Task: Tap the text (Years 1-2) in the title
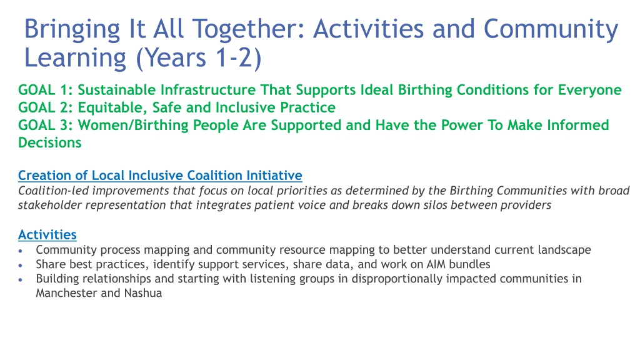pyautogui.click(x=199, y=57)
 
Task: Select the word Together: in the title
pyautogui.click(x=249, y=30)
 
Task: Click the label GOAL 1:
pyautogui.click(x=45, y=90)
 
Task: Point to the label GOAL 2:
pyautogui.click(x=45, y=107)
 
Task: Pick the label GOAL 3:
pyautogui.click(x=45, y=125)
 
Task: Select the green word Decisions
pyautogui.click(x=50, y=142)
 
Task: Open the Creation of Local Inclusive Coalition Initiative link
pyautogui.click(x=160, y=176)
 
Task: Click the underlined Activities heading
pyautogui.click(x=47, y=235)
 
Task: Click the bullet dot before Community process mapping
pyautogui.click(x=21, y=251)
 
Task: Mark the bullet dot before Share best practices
pyautogui.click(x=21, y=265)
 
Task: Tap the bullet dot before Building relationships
pyautogui.click(x=21, y=279)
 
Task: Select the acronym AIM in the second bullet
pyautogui.click(x=436, y=264)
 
